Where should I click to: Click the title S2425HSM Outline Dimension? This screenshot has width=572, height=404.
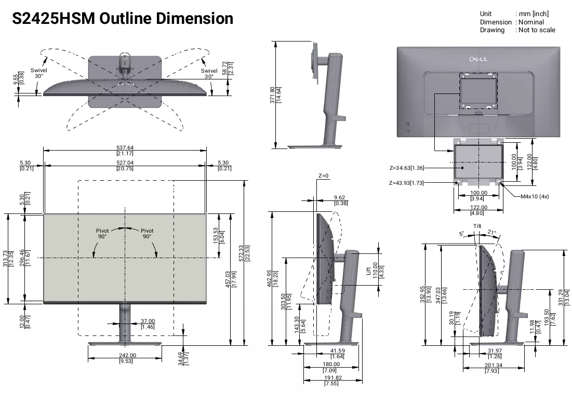click(123, 19)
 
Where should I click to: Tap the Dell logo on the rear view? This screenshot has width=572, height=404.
click(478, 59)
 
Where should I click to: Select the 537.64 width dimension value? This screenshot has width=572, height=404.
click(125, 147)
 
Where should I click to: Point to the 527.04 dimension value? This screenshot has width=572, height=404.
click(125, 163)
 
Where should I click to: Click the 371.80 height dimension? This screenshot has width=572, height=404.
click(272, 95)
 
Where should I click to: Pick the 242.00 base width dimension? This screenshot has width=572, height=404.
click(127, 355)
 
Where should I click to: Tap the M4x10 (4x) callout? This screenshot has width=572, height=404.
click(535, 196)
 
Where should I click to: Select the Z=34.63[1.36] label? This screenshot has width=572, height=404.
click(407, 168)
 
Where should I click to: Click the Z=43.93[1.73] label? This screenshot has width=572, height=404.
click(406, 183)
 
